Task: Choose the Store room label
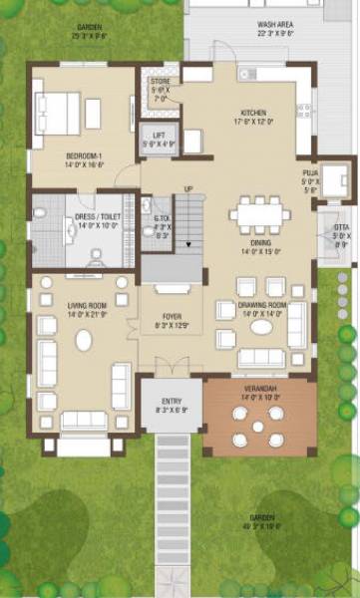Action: (x=161, y=84)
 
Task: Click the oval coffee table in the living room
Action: (x=84, y=339)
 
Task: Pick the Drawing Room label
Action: (x=261, y=305)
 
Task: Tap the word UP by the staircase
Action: (x=188, y=188)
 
